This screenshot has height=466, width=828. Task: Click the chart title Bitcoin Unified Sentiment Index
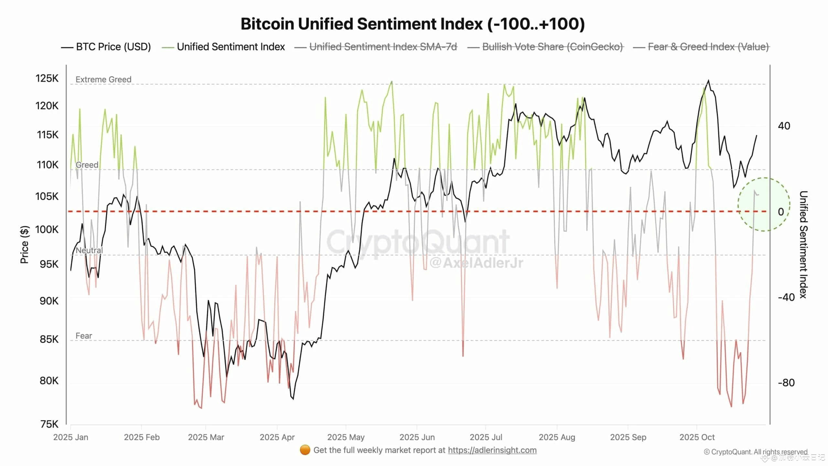[413, 24]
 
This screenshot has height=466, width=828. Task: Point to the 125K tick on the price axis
[47, 78]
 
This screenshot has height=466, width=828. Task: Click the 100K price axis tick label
[47, 229]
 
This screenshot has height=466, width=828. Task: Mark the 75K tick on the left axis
[49, 424]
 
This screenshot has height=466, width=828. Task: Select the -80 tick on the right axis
[786, 383]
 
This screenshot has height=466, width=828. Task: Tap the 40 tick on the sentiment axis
[784, 126]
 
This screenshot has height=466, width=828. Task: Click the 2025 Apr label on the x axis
[277, 437]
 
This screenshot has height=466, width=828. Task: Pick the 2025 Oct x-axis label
[697, 437]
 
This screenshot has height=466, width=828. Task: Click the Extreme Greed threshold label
[103, 80]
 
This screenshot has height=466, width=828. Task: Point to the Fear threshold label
[84, 336]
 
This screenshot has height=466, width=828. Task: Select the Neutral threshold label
[89, 250]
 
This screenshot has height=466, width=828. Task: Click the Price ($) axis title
[25, 245]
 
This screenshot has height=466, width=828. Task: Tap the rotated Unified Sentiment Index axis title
[803, 245]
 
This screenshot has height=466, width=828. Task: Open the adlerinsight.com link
[492, 450]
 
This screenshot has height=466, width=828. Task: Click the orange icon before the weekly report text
[305, 450]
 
